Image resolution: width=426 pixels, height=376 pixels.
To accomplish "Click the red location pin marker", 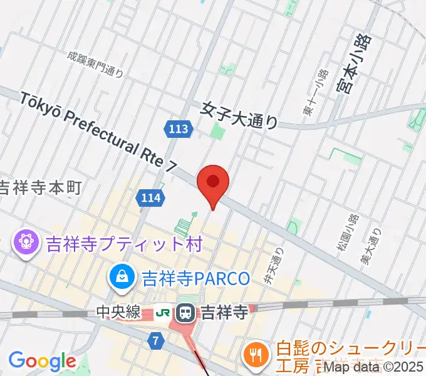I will coord(213,183).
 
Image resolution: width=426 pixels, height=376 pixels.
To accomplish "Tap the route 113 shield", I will coord(178,129).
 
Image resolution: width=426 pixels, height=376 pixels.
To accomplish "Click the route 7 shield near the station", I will coord(156,340).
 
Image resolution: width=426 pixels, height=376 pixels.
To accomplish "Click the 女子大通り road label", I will coord(239,115).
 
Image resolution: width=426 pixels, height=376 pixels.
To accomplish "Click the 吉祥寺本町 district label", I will coord(41,187).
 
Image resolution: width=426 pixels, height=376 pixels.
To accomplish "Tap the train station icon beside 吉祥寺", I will coord(186,311).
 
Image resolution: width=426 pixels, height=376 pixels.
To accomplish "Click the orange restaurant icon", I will coord(255,355).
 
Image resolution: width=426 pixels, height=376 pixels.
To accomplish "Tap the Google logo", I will coord(42,361).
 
